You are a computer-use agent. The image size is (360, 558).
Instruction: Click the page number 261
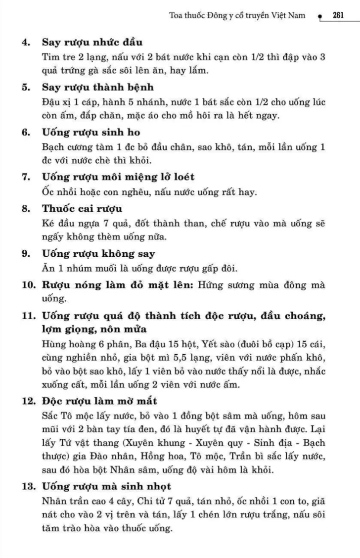[338, 15]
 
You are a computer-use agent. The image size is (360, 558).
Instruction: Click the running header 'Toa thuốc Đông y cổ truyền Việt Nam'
[237, 15]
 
